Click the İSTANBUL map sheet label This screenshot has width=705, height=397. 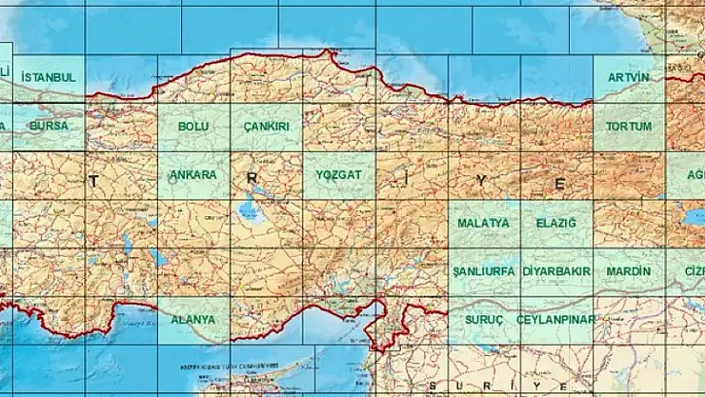point(48,75)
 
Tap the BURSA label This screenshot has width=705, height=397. point(48,126)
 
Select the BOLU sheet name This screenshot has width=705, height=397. point(193,126)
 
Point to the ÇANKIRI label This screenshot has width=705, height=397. point(266,126)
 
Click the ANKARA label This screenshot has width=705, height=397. point(192,175)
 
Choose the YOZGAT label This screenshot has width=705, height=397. point(339,175)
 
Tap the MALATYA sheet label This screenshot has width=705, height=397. point(483,223)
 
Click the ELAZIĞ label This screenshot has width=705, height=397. point(556,223)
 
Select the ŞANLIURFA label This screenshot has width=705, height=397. point(483,271)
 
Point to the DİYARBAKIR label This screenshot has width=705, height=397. point(556,271)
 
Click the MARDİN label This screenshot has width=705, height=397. point(629,271)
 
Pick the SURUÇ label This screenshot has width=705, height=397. point(483,320)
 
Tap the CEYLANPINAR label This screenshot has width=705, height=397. point(556,320)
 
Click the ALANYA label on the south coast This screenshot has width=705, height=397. point(192,320)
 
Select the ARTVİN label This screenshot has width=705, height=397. point(629,76)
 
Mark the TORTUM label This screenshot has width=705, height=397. point(629,126)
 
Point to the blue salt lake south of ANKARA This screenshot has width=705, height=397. point(251,209)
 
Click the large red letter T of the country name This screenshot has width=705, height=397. point(93,180)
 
